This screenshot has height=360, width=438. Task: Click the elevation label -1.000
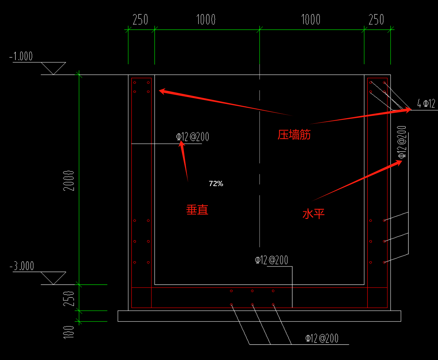(x=21, y=56)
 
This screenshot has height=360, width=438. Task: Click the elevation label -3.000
(x=21, y=266)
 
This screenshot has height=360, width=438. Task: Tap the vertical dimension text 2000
(x=69, y=181)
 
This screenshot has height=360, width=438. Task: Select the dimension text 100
(x=69, y=332)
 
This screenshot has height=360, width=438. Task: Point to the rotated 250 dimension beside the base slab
(x=69, y=299)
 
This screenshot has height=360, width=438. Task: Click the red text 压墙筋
(x=294, y=134)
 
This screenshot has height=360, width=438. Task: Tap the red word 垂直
(x=197, y=210)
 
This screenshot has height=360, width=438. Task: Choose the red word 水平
(x=313, y=214)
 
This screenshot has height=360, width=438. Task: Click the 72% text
(x=216, y=184)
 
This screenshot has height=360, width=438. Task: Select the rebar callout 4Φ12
(x=426, y=103)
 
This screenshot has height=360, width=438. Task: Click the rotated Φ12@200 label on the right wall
(x=402, y=142)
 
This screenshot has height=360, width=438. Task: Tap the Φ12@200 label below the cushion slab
(x=322, y=338)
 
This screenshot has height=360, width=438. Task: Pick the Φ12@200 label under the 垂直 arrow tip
(x=192, y=137)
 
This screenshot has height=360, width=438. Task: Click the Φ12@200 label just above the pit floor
(x=271, y=260)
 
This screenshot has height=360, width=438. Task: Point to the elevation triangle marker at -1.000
(x=53, y=68)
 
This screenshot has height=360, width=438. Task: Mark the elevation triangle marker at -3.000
(x=53, y=278)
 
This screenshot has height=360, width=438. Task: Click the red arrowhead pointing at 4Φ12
(x=408, y=110)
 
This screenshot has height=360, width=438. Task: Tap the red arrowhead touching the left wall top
(x=163, y=91)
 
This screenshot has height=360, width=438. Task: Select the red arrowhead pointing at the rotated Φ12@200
(x=399, y=163)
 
